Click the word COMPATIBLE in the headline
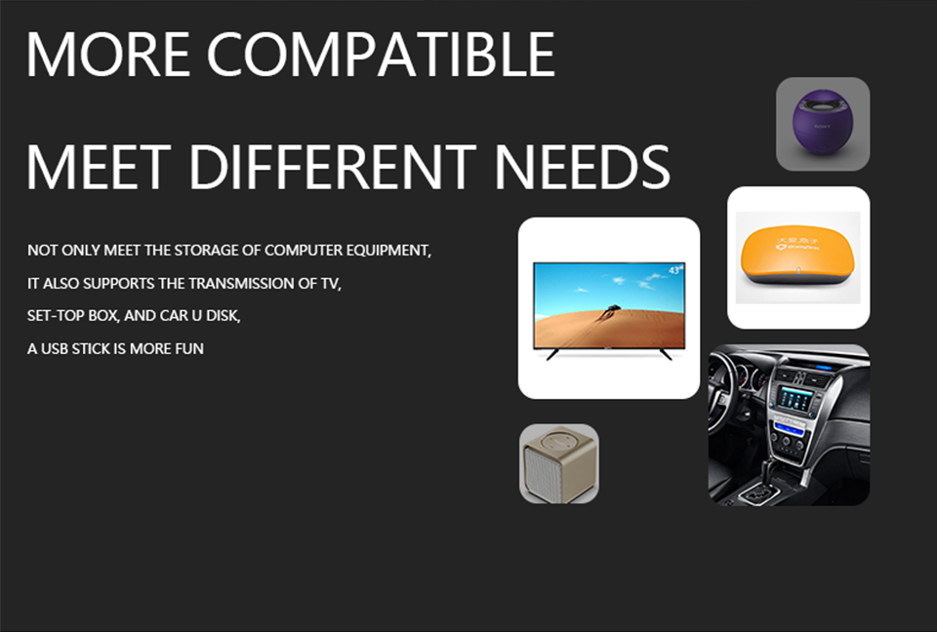(382, 55)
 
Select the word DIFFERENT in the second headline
(333, 167)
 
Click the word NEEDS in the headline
(583, 167)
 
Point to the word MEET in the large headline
(99, 167)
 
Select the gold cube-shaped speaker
(558, 464)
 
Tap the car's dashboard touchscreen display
(795, 398)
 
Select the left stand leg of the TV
(552, 354)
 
